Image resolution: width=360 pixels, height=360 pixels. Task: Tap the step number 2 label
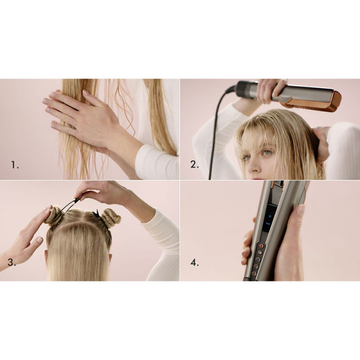coord(194,163)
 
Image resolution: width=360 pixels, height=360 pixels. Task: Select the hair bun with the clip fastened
coord(110,218)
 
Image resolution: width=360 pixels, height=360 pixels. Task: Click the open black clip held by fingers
coord(70,205)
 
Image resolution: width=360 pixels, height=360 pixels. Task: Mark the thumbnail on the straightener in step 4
coord(301,209)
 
